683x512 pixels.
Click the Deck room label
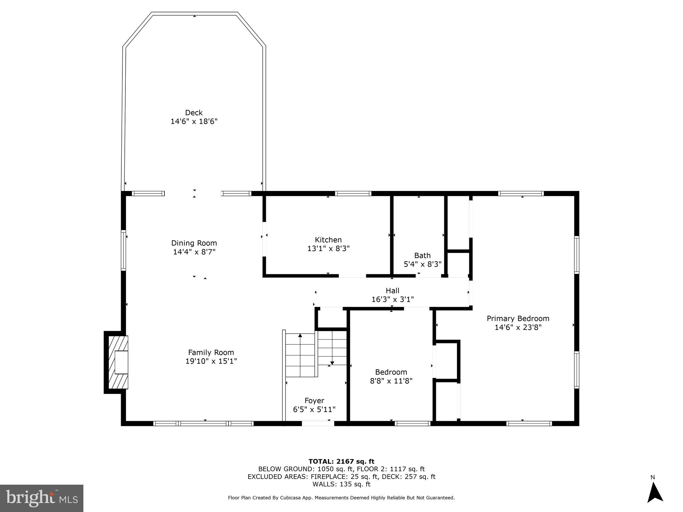[194, 113]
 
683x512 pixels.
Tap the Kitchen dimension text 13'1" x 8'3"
[328, 248]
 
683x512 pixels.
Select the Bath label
[422, 255]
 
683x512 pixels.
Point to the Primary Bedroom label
[518, 318]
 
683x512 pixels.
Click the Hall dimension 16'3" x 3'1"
[393, 299]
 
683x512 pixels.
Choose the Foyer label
[314, 400]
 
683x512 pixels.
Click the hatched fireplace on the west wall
[118, 362]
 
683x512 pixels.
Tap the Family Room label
[211, 352]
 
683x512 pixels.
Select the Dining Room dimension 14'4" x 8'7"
[194, 252]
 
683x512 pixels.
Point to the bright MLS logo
[42, 498]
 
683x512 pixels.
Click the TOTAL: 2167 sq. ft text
[341, 461]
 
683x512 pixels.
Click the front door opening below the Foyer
[318, 423]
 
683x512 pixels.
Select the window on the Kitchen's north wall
[353, 193]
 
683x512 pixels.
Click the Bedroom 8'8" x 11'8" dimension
[391, 381]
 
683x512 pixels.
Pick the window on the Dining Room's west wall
[123, 250]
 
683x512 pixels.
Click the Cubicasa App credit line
[341, 498]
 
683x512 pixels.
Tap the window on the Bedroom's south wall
[413, 423]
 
